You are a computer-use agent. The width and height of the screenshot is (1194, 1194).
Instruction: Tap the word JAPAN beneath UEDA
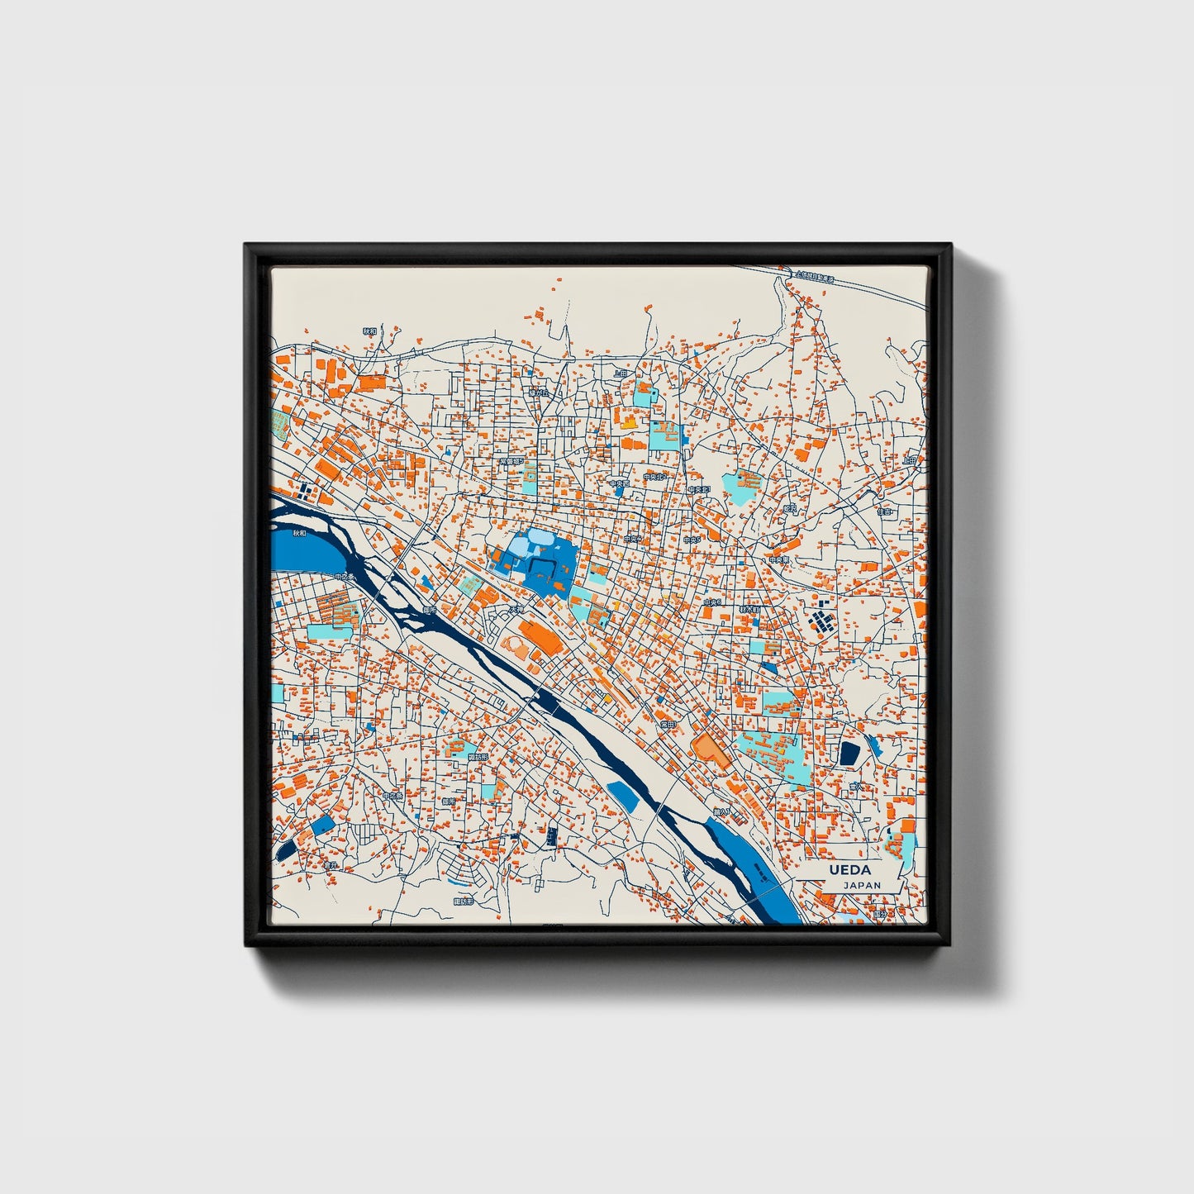point(862,885)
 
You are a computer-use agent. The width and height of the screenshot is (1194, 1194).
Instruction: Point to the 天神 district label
point(516,611)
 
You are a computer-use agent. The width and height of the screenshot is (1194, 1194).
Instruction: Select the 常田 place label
point(667,725)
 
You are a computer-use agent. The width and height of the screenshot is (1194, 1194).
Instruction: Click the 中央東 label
point(778,559)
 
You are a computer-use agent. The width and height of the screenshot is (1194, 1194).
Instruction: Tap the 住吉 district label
point(885,511)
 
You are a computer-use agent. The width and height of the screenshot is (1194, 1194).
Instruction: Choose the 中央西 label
point(620,484)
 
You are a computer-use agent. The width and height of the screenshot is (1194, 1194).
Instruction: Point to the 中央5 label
point(692,540)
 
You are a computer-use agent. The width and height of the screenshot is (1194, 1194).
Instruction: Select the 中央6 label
point(712,603)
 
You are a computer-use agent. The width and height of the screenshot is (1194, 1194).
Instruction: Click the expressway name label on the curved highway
point(813,277)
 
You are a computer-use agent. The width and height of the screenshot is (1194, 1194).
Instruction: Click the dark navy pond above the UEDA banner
point(849,753)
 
